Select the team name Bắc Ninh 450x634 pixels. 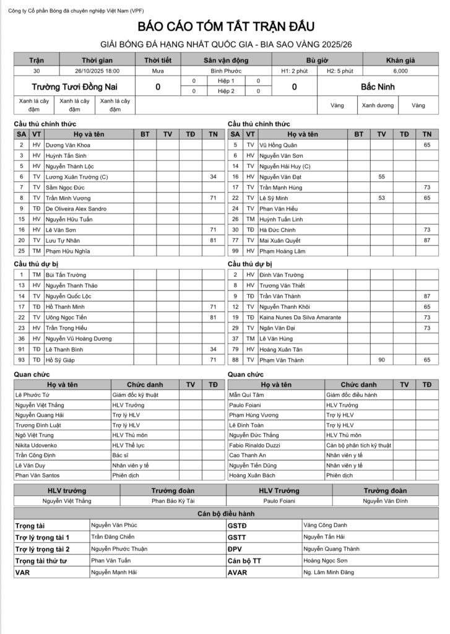point(377,87)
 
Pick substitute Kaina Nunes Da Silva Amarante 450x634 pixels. point(300,317)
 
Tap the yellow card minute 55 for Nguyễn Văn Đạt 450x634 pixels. point(381,176)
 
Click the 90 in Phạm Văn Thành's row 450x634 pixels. point(381,360)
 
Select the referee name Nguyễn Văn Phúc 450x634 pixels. point(114,525)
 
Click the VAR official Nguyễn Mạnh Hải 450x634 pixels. point(114,573)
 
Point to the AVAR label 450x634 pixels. point(238,573)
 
